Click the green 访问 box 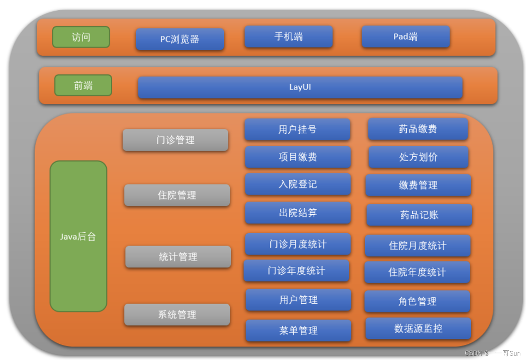(x=81, y=37)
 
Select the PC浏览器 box (x=180, y=39)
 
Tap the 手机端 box (x=289, y=37)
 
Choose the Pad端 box (x=406, y=37)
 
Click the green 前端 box (x=83, y=86)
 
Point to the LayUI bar (x=300, y=87)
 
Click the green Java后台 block (x=78, y=236)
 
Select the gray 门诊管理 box (x=175, y=140)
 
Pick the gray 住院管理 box (x=177, y=195)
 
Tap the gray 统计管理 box (x=178, y=257)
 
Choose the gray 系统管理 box (x=177, y=315)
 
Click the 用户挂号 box (x=297, y=130)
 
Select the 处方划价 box (x=418, y=157)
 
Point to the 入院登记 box (x=298, y=184)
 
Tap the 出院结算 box (x=298, y=213)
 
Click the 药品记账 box (x=419, y=215)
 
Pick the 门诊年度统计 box (x=296, y=271)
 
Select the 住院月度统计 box (x=417, y=246)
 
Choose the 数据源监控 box (x=418, y=329)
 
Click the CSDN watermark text (x=492, y=353)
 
